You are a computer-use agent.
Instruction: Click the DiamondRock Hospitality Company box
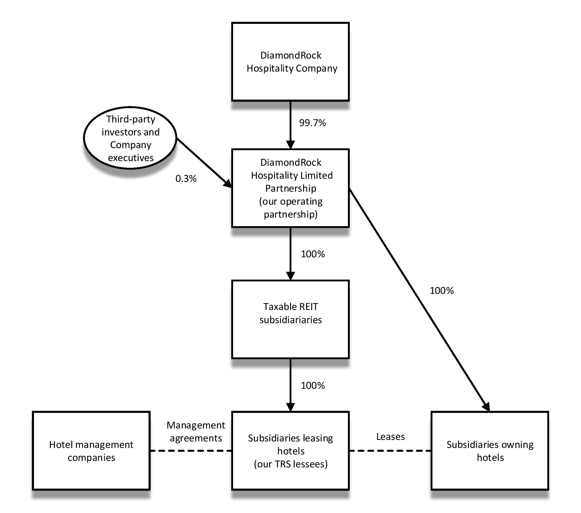[290, 61]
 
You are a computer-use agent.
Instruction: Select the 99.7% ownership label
[312, 123]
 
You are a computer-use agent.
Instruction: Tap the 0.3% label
[186, 179]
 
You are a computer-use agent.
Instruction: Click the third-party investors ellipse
[130, 138]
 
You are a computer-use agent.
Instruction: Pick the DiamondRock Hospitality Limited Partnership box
[290, 188]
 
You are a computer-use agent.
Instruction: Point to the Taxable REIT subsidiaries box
[290, 319]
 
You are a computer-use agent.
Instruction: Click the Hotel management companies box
[91, 451]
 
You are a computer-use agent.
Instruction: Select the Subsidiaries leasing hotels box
[290, 451]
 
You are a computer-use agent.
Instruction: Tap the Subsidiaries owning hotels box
[490, 451]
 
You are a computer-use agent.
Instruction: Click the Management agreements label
[195, 432]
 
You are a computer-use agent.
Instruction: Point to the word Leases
[390, 437]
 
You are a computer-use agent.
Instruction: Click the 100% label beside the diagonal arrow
[442, 291]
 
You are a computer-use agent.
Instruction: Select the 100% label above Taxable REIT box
[313, 254]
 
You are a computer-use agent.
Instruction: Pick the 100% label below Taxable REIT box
[313, 386]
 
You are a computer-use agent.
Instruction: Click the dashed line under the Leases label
[390, 451]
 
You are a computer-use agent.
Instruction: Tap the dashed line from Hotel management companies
[191, 451]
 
